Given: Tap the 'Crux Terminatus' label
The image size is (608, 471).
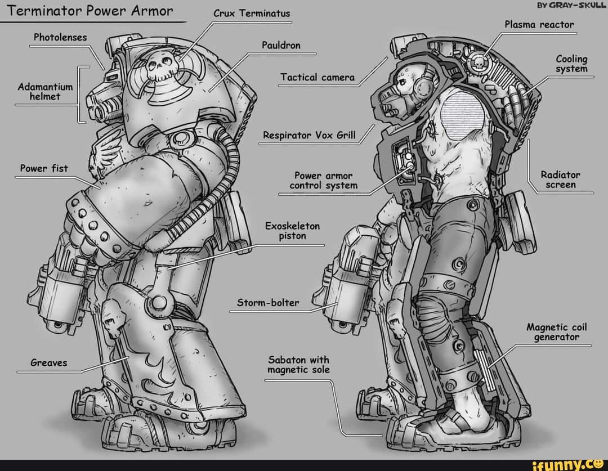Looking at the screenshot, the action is [x=252, y=14].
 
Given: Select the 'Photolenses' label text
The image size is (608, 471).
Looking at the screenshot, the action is [x=60, y=37].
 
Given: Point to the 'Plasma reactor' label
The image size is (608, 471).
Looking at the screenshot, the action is [x=539, y=25].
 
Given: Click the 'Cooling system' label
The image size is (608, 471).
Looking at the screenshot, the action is [x=571, y=64].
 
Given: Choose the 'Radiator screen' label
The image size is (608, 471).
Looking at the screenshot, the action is [x=560, y=180].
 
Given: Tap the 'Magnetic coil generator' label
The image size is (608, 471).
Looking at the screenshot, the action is [x=556, y=332].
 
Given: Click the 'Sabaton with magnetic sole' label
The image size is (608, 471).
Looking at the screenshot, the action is [x=298, y=365].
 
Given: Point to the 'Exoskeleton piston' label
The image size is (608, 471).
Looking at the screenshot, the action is [x=292, y=231].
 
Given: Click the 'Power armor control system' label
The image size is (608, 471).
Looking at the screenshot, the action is [x=323, y=180].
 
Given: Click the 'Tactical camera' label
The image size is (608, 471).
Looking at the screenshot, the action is [x=318, y=77].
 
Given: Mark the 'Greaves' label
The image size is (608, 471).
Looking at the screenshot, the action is [x=49, y=363].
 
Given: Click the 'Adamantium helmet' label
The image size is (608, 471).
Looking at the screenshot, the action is [x=45, y=92].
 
